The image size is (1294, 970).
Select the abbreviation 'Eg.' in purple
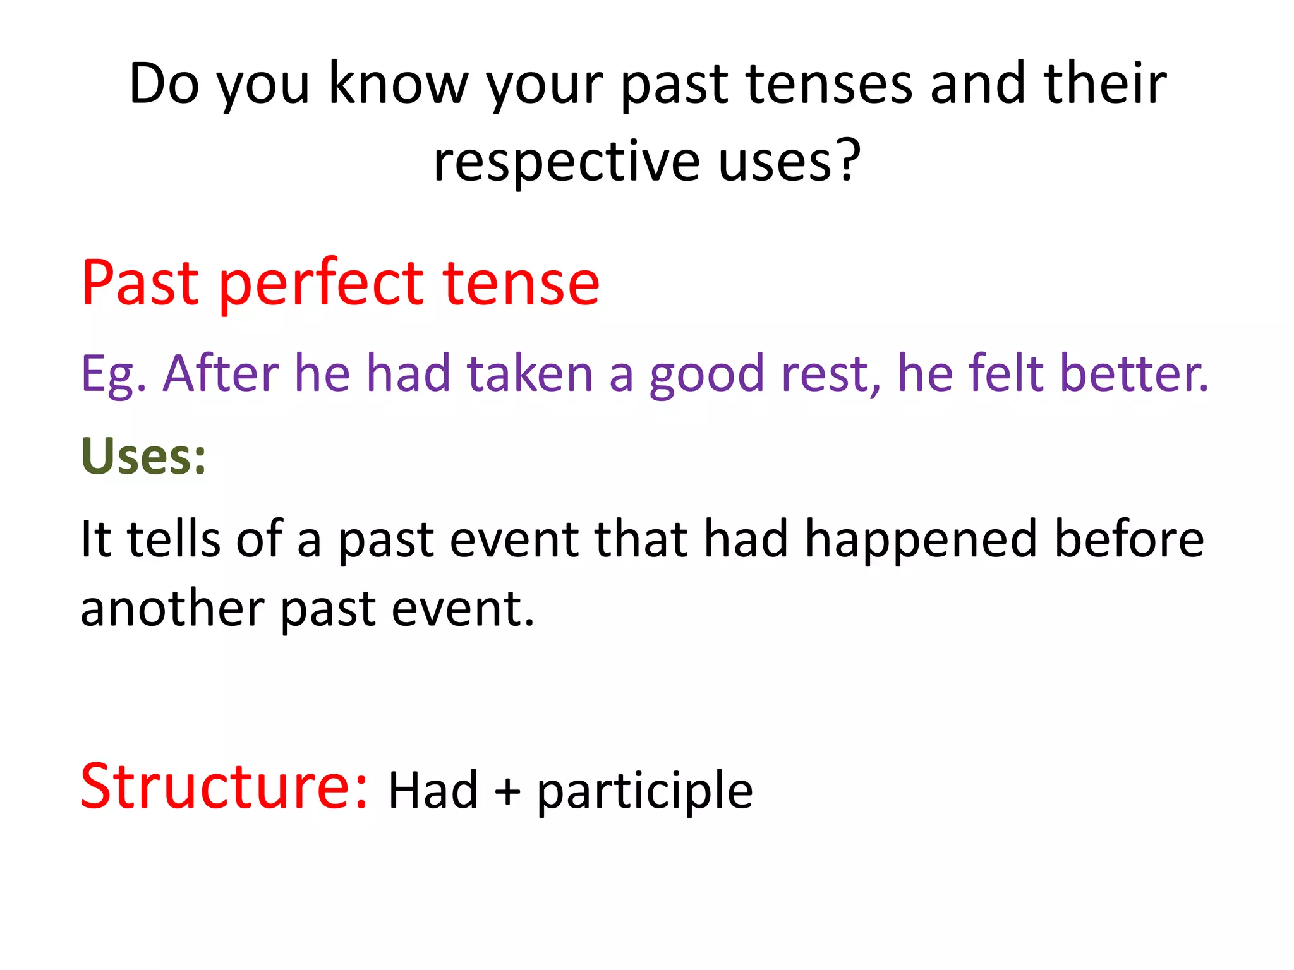[x=114, y=374]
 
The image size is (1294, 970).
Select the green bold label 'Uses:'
[x=143, y=456]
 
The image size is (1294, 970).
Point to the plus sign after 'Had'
[x=507, y=791]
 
